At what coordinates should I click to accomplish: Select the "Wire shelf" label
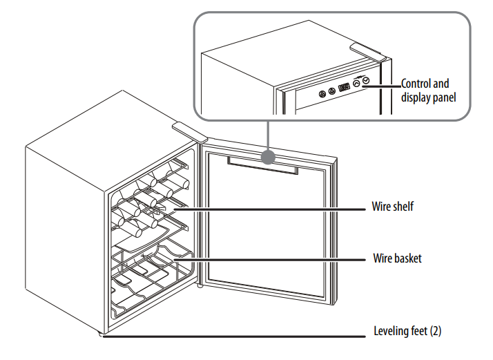pyautogui.click(x=392, y=206)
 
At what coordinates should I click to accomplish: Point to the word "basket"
pyautogui.click(x=406, y=258)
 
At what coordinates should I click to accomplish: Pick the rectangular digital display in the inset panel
pyautogui.click(x=344, y=88)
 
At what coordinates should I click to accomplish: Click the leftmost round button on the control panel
pyautogui.click(x=322, y=93)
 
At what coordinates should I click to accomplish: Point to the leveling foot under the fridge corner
pyautogui.click(x=101, y=337)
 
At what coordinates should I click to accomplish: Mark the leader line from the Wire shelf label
pyautogui.click(x=276, y=207)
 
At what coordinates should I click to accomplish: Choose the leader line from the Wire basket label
pyautogui.click(x=276, y=259)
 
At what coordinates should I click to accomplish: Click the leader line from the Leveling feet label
pyautogui.click(x=235, y=337)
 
